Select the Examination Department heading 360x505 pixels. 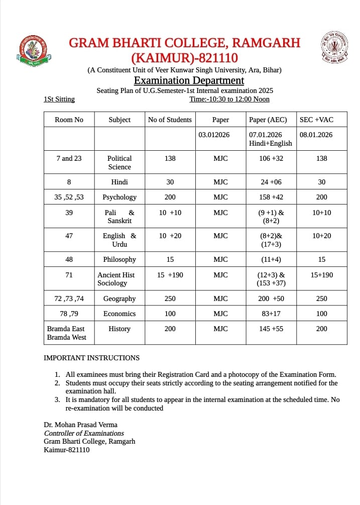tap(189, 80)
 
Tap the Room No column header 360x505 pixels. tap(69, 120)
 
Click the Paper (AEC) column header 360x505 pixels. tap(268, 120)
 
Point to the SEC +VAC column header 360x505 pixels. tap(316, 120)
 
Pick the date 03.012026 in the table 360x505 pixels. tap(214, 135)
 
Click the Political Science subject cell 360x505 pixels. tap(119, 162)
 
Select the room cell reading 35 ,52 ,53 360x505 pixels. tap(69, 197)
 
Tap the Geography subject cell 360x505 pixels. tap(119, 298)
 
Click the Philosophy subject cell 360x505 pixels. tap(119, 259)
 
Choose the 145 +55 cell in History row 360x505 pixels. tap(272, 329)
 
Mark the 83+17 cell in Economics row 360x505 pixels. tap(272, 314)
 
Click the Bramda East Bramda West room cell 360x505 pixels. tap(67, 333)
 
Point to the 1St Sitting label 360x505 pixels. tap(59, 99)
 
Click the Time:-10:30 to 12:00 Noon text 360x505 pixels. tap(229, 99)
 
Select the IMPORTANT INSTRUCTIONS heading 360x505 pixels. tap(92, 358)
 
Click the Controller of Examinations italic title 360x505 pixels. tap(84, 433)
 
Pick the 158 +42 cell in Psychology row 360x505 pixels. tap(272, 197)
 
